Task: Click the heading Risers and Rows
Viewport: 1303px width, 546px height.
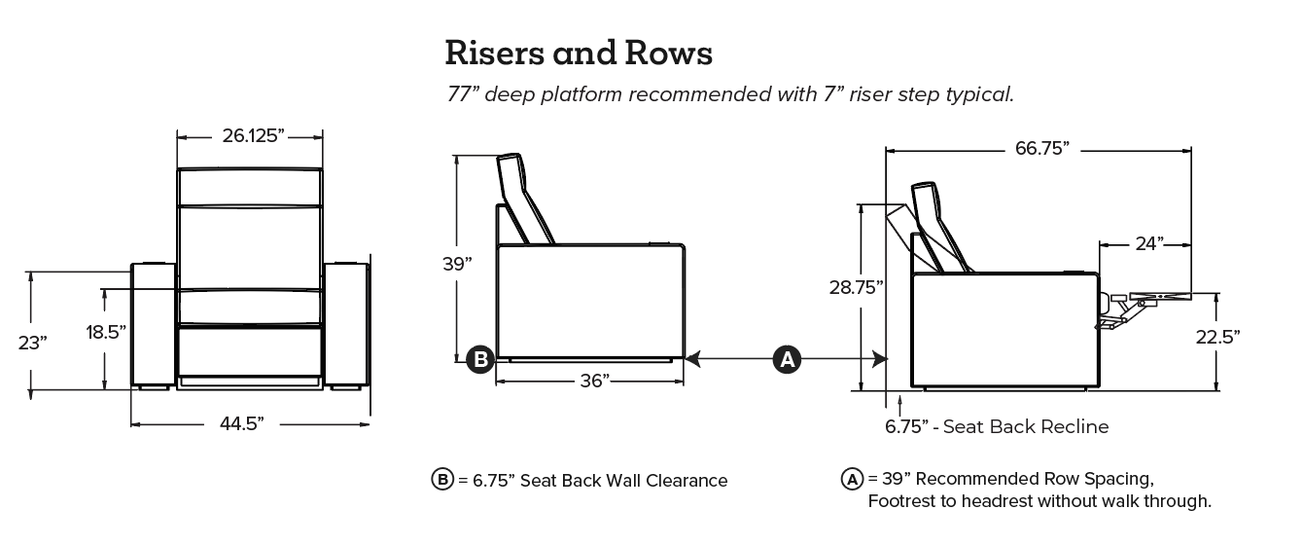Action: click(x=579, y=53)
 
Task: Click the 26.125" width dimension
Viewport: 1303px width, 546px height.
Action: click(x=253, y=136)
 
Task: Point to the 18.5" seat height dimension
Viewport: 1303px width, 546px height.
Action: click(x=106, y=332)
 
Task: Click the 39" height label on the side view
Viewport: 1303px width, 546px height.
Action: click(x=456, y=263)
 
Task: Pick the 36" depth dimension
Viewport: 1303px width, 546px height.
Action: click(x=594, y=380)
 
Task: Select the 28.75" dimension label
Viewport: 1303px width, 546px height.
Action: click(x=857, y=287)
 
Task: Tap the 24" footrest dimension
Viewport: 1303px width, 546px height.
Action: click(x=1147, y=243)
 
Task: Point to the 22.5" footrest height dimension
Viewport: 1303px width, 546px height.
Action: click(x=1217, y=337)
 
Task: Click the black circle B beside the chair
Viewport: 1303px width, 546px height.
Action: click(x=479, y=359)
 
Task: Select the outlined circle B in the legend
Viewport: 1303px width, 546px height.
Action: click(x=442, y=480)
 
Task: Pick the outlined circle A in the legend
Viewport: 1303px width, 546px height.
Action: click(x=852, y=479)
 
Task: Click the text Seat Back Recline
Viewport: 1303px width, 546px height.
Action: click(x=1026, y=426)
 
